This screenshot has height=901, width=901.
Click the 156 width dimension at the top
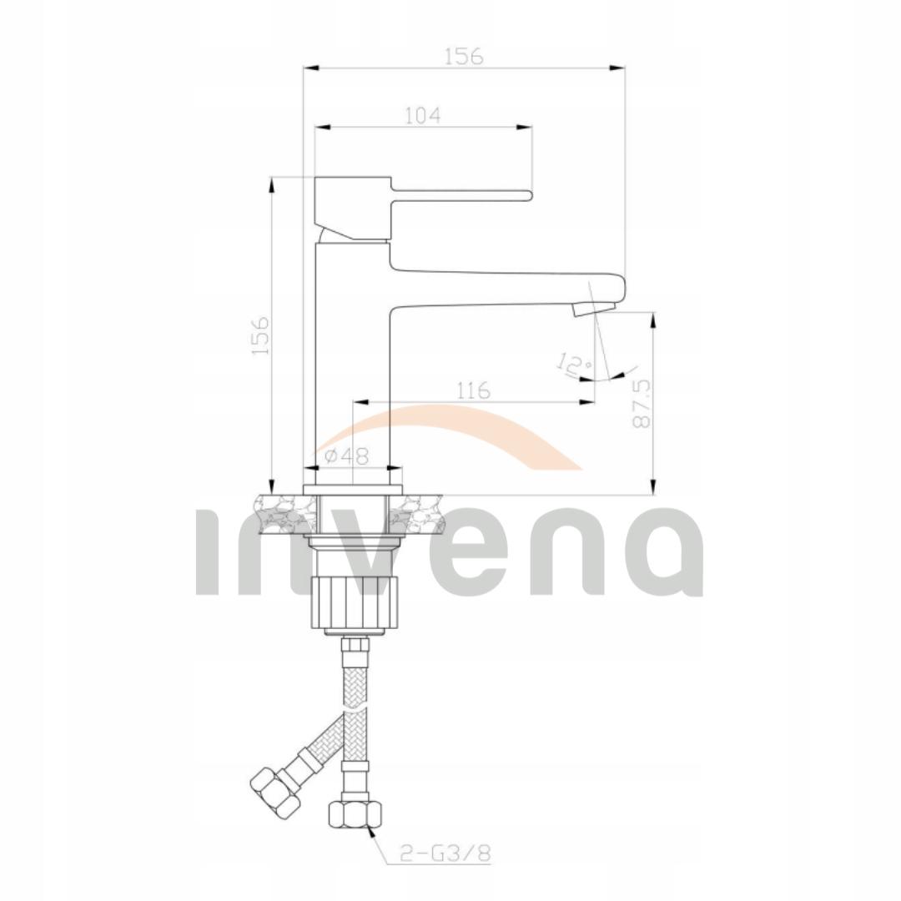(463, 56)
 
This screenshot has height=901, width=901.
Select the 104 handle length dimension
(422, 115)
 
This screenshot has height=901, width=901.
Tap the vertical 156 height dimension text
(261, 335)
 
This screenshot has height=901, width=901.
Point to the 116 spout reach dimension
(473, 390)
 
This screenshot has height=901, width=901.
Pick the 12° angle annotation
(574, 365)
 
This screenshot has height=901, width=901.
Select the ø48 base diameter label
(347, 456)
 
